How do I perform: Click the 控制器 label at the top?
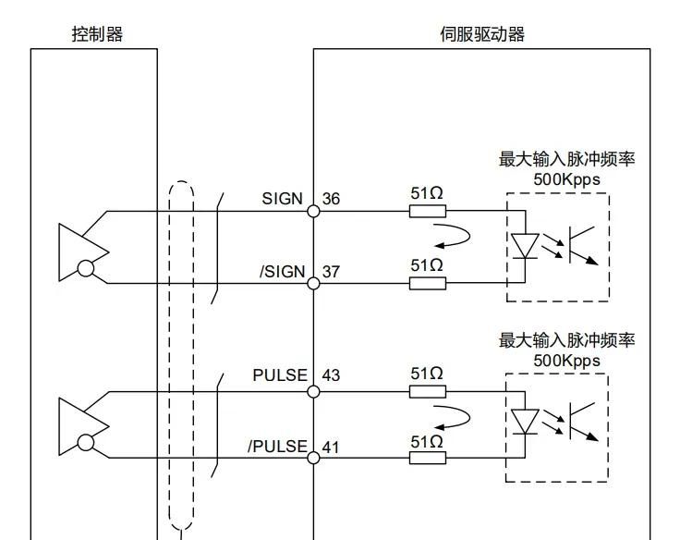pyautogui.click(x=98, y=35)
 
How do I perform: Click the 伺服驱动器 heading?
pyautogui.click(x=482, y=35)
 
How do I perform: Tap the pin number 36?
pyautogui.click(x=331, y=200)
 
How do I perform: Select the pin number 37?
pyautogui.click(x=331, y=272)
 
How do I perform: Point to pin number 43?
pyautogui.click(x=331, y=375)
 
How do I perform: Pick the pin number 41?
pyautogui.click(x=331, y=448)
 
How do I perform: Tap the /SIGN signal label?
pyautogui.click(x=281, y=272)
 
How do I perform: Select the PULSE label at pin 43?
pyautogui.click(x=280, y=375)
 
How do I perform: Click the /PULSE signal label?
pyautogui.click(x=276, y=448)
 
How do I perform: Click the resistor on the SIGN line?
pyautogui.click(x=427, y=211)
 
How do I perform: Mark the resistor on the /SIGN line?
pyautogui.click(x=427, y=282)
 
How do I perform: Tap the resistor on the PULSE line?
pyautogui.click(x=427, y=391)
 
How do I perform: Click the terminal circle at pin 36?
pyautogui.click(x=313, y=211)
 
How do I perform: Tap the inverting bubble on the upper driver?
pyautogui.click(x=86, y=268)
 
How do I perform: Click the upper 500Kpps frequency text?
pyautogui.click(x=566, y=178)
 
